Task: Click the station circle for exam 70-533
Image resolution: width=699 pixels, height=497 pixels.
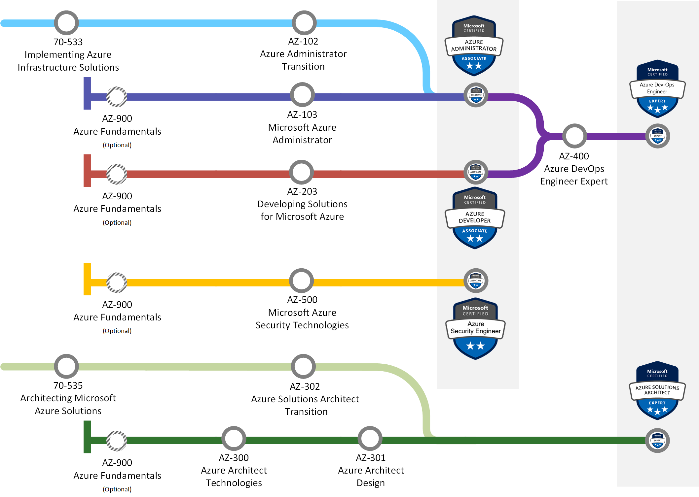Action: (66, 23)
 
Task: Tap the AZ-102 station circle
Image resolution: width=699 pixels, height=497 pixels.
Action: (304, 23)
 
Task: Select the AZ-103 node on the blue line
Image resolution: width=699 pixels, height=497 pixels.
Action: (302, 95)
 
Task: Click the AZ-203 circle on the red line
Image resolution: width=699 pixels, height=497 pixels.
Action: (301, 172)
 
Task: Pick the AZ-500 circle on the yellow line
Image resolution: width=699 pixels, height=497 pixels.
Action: (301, 281)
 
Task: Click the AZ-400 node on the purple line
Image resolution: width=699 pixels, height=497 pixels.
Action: (574, 136)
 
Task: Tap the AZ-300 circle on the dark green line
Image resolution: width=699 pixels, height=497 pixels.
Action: (234, 438)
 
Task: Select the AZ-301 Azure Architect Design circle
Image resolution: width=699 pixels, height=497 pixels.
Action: (370, 438)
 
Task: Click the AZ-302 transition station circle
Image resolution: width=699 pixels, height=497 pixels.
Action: (303, 366)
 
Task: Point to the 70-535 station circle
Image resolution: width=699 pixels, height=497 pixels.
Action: (66, 366)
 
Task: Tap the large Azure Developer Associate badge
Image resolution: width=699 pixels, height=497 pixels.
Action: (475, 218)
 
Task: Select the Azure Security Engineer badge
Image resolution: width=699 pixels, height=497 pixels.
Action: (475, 329)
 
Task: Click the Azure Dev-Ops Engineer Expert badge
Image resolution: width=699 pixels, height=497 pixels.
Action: (657, 89)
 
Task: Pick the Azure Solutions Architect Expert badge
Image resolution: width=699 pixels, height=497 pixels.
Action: (657, 390)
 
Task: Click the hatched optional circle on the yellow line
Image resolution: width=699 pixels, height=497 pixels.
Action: (117, 282)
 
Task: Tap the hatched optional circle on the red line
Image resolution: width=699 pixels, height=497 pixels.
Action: (117, 174)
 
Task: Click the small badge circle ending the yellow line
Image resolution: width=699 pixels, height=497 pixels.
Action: (476, 281)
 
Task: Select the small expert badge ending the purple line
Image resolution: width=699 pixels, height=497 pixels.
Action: (658, 136)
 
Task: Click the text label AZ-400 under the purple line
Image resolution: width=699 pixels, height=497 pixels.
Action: (574, 156)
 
